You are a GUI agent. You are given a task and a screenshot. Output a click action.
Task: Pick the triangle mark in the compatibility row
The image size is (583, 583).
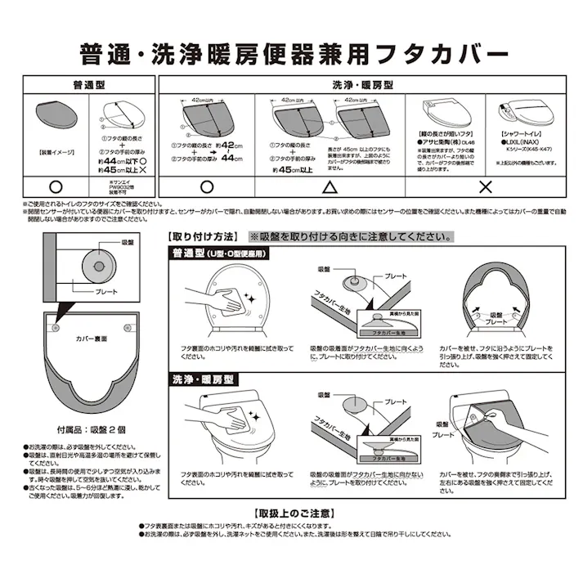coord(330,186)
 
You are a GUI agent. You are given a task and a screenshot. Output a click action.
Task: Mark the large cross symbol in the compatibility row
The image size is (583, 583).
coord(484,186)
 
